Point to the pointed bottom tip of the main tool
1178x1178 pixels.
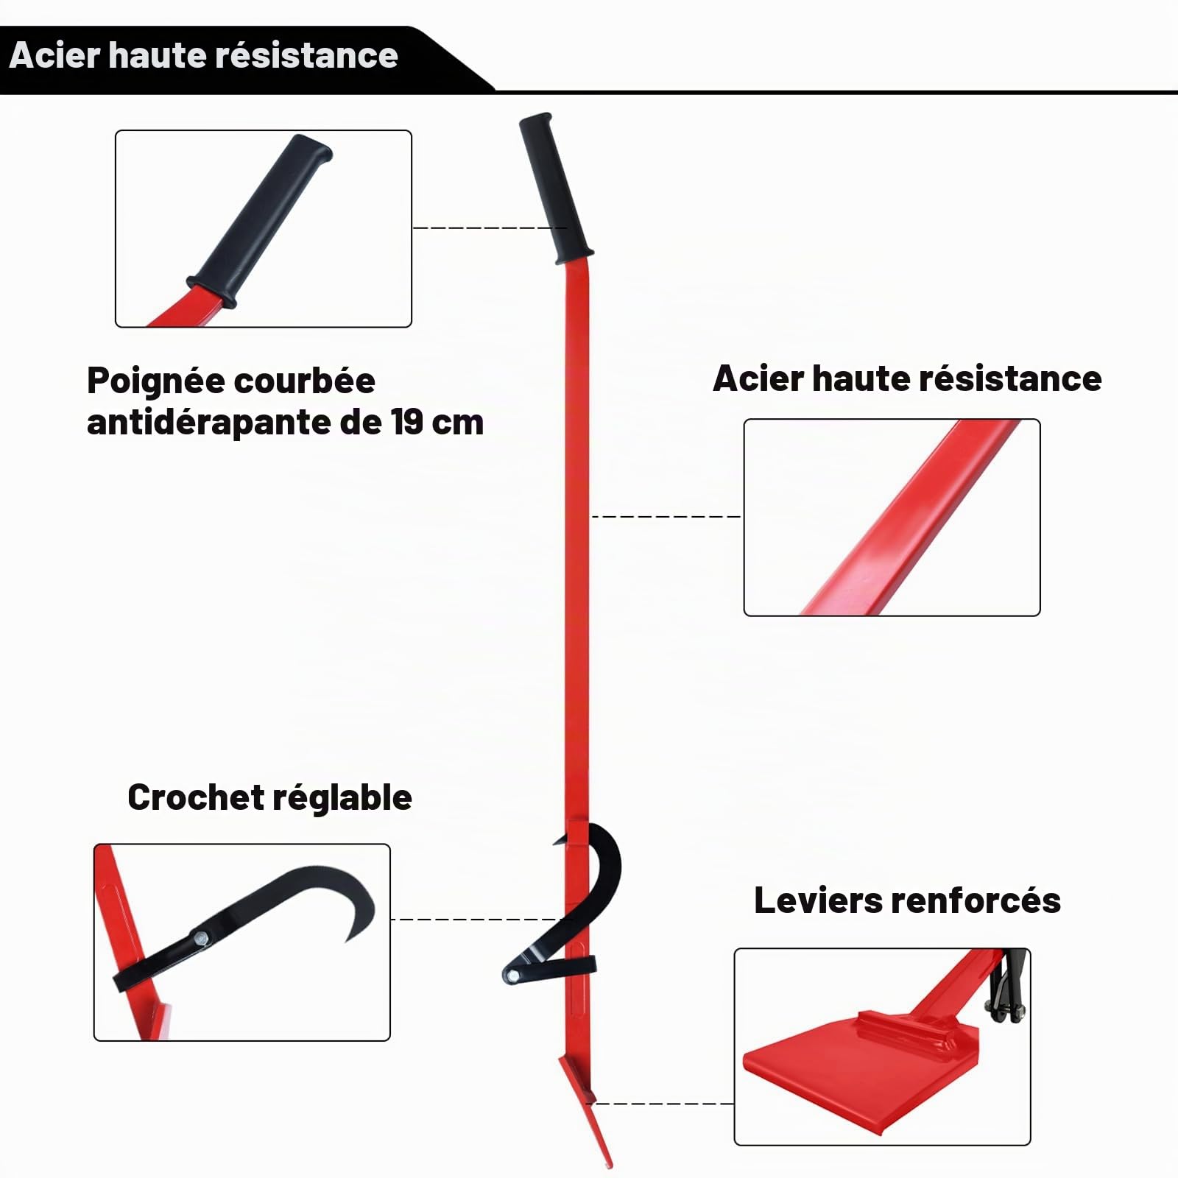click(x=610, y=1165)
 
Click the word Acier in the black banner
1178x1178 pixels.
click(x=55, y=56)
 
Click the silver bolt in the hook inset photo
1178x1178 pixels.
click(x=200, y=937)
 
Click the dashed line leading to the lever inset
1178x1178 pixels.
click(x=663, y=1104)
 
